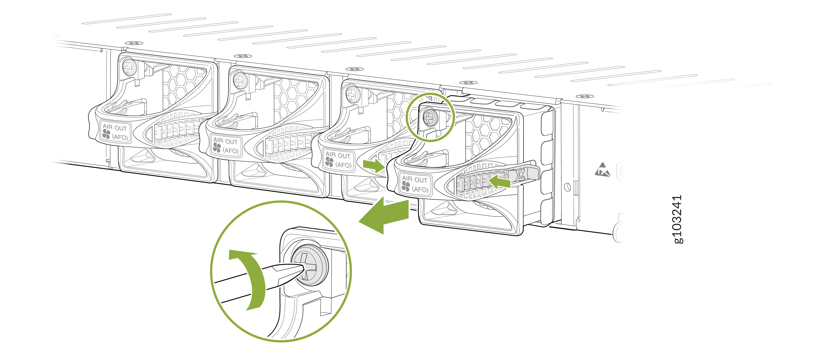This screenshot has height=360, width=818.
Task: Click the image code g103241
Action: (x=678, y=219)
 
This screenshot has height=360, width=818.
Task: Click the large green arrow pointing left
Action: (x=384, y=215)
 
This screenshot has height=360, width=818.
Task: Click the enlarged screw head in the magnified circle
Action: (x=309, y=265)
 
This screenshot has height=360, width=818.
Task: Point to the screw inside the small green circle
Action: (x=431, y=118)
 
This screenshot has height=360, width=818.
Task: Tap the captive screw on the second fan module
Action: (x=240, y=80)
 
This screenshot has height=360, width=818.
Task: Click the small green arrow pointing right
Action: (x=374, y=165)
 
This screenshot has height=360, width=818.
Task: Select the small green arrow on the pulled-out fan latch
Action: (x=500, y=182)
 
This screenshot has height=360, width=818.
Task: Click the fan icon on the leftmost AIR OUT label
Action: (x=106, y=134)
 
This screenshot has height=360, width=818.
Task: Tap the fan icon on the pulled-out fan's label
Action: (x=405, y=186)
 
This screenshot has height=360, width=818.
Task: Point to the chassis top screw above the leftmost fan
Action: (x=134, y=43)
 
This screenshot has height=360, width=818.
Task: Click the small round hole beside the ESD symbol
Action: (x=567, y=187)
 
